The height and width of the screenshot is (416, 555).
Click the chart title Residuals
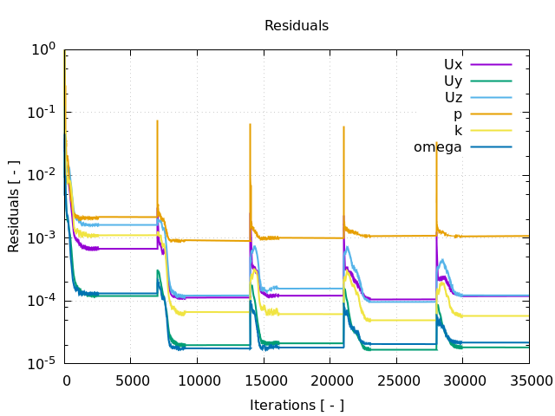click(297, 26)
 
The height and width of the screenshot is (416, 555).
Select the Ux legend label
click(453, 64)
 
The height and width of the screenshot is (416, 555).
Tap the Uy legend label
click(453, 81)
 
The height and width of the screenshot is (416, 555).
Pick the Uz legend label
click(453, 97)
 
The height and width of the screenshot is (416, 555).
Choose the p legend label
click(457, 114)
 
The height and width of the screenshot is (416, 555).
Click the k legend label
click(458, 130)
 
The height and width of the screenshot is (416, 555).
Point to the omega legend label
click(438, 146)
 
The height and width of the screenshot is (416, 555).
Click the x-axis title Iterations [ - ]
click(297, 405)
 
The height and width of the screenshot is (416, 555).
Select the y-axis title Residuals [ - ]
click(14, 206)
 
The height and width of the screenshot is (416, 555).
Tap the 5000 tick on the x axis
click(131, 380)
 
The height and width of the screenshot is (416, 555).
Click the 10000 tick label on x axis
click(198, 380)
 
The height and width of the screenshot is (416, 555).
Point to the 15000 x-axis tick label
click(264, 380)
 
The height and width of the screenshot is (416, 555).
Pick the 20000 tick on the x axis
click(331, 380)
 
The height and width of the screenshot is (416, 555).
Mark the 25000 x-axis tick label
click(398, 380)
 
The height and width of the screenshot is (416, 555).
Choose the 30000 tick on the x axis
click(465, 380)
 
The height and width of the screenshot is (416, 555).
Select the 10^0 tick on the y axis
click(43, 50)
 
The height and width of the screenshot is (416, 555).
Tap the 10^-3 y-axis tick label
click(41, 237)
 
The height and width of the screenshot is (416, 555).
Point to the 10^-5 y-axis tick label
click(41, 362)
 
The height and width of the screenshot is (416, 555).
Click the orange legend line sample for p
click(491, 114)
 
